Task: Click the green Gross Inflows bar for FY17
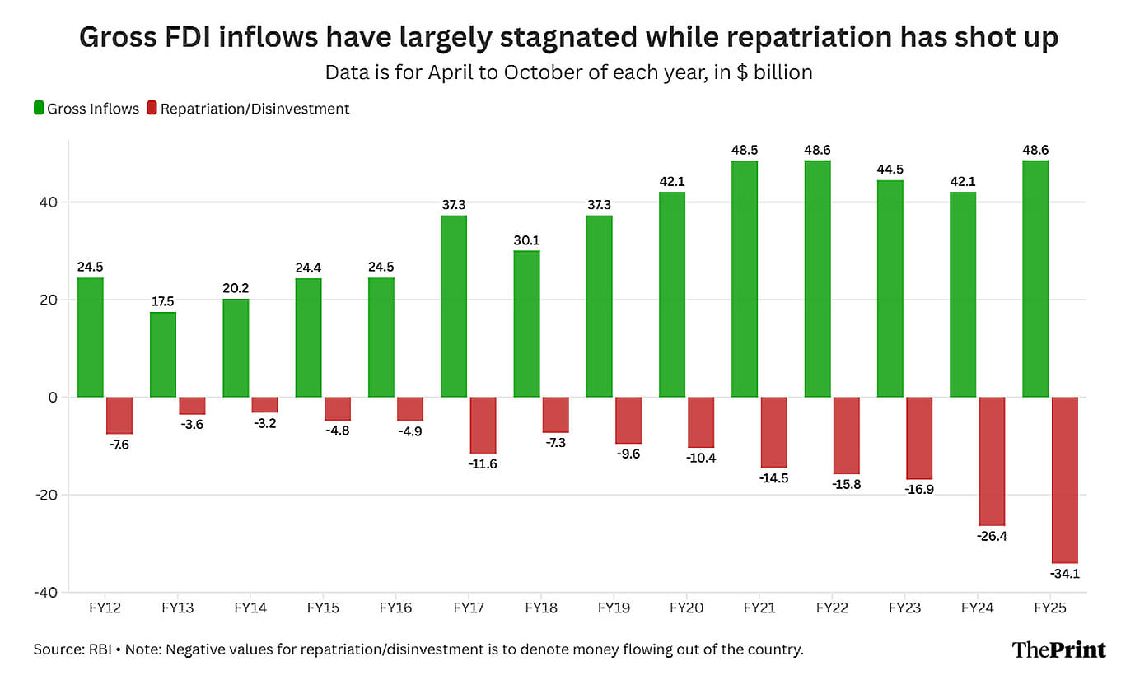454,306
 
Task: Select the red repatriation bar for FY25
1065,480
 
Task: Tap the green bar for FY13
163,354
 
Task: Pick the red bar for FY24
992,461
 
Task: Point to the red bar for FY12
119,415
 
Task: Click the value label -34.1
1065,574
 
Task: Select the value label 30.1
526,240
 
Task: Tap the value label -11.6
483,464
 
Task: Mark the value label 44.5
890,170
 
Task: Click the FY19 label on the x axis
614,608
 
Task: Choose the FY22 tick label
832,608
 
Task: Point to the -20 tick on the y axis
46,495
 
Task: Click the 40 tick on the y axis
50,202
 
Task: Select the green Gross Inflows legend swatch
38,108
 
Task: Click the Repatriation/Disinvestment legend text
255,109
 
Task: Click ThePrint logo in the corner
1058,649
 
